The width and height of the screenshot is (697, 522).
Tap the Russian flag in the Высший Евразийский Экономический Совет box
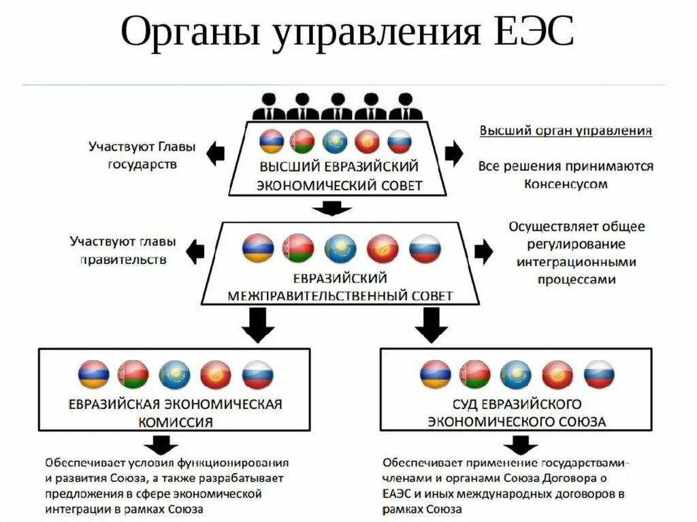pos(400,142)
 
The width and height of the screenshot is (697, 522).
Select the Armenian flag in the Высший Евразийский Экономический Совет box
pos(272,142)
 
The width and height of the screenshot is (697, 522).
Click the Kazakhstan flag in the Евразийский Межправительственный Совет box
pos(340,249)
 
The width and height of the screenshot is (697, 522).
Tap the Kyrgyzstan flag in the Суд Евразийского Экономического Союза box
pos(557,374)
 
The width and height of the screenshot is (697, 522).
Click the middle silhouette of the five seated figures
pos(337,106)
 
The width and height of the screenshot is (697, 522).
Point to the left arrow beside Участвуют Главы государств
pos(215,154)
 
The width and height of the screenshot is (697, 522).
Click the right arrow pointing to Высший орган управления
pos(454,154)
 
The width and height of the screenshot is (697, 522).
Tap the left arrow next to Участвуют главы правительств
pos(196,250)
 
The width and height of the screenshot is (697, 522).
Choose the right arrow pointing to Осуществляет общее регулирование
pos(484,251)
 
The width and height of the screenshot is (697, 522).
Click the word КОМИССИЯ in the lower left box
pos(175,422)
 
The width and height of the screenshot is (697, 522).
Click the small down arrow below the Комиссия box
pos(162,445)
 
